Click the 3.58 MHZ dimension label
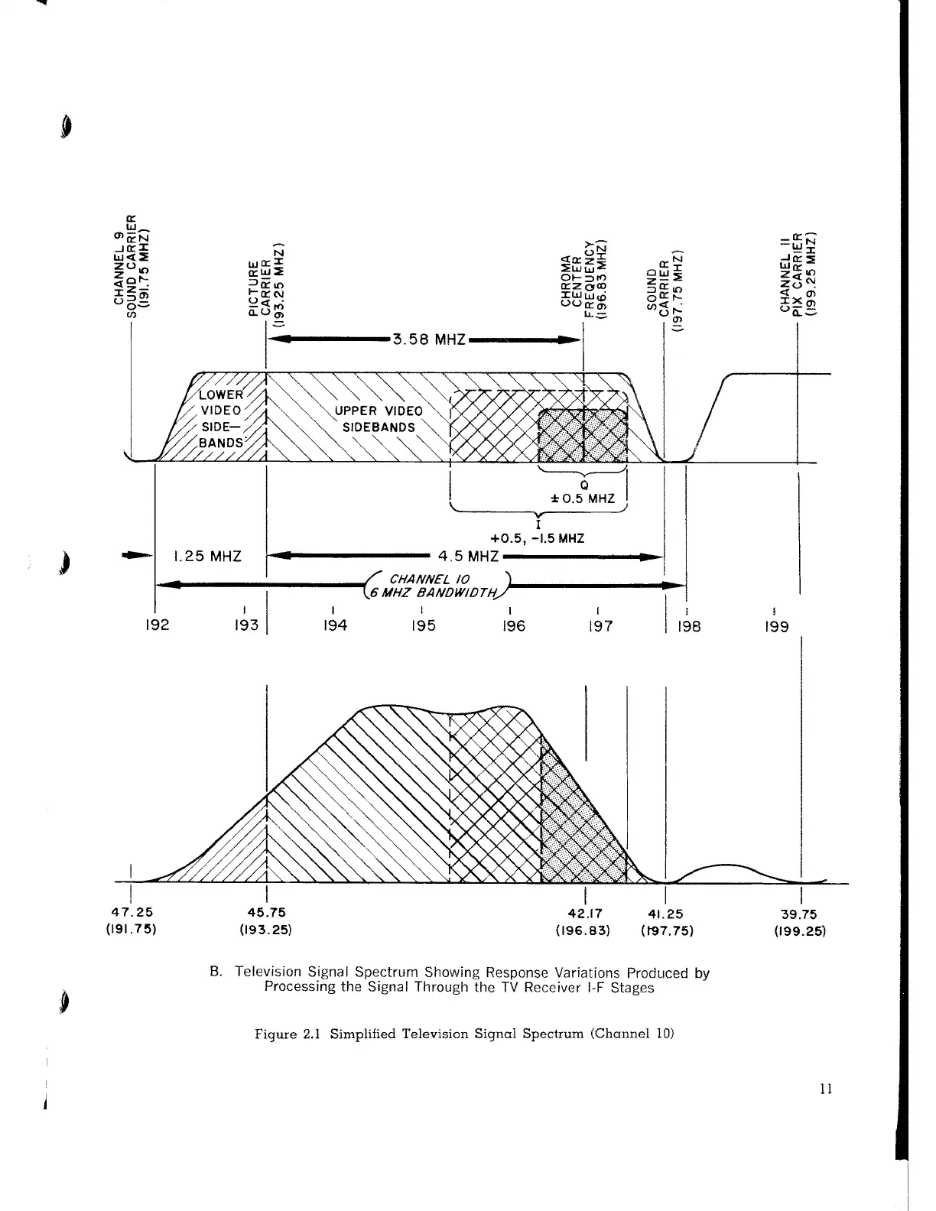pos(429,339)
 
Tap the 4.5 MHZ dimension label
pos(468,556)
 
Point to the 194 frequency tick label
pos(335,626)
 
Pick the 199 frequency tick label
pos(776,626)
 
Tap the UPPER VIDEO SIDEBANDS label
pos(379,419)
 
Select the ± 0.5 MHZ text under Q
pos(583,498)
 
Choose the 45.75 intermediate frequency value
pos(266,912)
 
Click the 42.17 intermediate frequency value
pos(585,912)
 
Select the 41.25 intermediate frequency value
pos(665,912)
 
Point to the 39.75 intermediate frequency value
pos(800,912)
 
